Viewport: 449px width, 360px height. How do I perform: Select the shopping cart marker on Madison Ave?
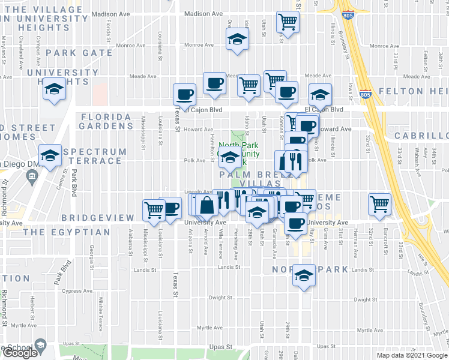[288, 22]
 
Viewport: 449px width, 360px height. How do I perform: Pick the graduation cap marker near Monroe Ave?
[237, 40]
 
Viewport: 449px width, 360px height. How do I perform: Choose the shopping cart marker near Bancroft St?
[379, 203]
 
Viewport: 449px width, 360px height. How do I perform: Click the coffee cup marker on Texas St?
[184, 94]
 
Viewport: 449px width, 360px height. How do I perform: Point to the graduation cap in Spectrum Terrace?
[50, 155]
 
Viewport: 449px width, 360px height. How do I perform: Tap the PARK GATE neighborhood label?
[79, 53]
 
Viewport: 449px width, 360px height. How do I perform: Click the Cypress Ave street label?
[76, 291]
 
